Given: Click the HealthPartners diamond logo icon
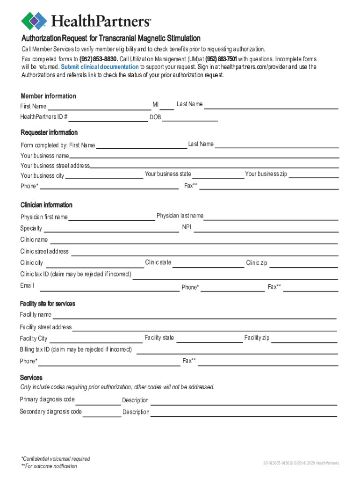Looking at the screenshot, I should point(34,21).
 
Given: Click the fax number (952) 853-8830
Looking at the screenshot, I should point(99,59).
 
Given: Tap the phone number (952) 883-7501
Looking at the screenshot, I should point(221,59).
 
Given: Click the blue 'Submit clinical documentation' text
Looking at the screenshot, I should point(100,67).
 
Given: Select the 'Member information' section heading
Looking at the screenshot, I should point(48,96).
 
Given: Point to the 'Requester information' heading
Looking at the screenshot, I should point(49,132).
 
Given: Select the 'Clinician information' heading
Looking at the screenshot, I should point(46,205).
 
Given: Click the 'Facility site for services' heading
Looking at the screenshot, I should point(47,304).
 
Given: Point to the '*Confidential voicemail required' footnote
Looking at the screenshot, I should point(55,459).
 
